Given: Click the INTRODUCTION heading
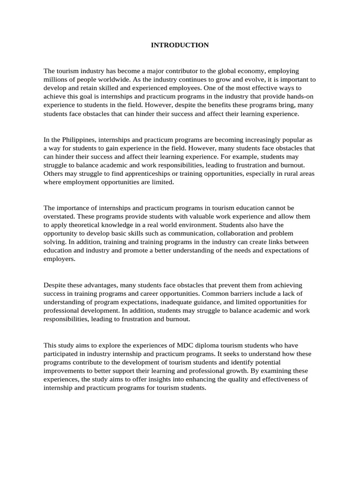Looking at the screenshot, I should click(180, 45).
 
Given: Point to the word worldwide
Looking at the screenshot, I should click(114, 79).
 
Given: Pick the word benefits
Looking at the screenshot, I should click(214, 105).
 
